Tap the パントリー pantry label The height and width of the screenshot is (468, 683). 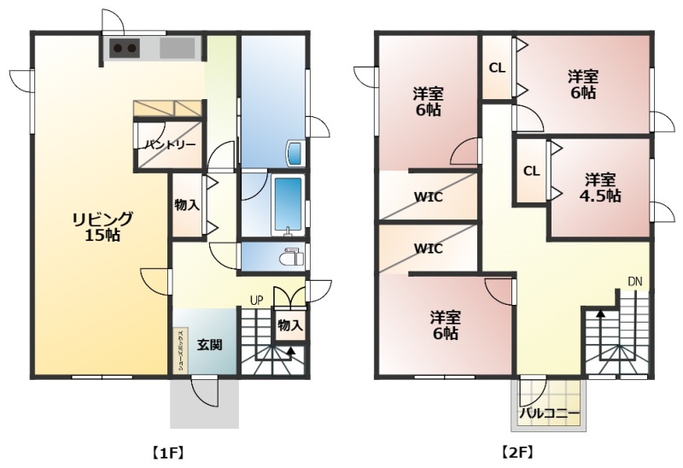point(169,145)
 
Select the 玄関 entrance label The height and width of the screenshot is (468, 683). point(210,345)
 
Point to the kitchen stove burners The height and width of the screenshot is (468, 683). point(126,49)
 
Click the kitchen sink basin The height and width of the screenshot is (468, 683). point(176,48)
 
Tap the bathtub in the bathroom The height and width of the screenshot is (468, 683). point(289,204)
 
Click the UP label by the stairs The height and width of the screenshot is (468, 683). point(256,300)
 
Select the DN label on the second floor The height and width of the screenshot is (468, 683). point(635,281)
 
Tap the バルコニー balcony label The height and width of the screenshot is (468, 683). point(550,413)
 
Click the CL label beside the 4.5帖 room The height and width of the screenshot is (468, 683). point(531,170)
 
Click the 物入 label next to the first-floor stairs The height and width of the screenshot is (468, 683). point(289,325)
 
